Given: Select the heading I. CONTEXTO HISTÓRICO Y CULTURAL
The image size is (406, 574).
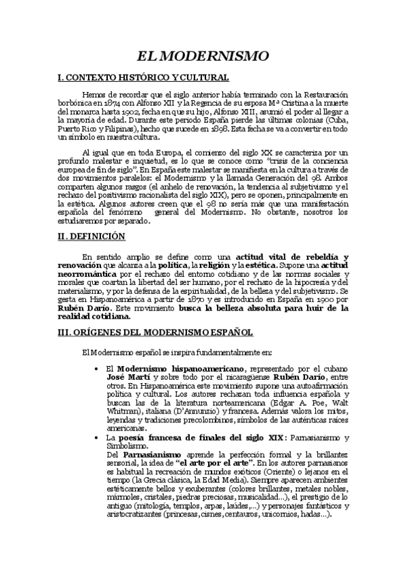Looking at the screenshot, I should click(x=144, y=79).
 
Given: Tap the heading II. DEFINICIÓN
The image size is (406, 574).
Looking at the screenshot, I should click(x=92, y=237).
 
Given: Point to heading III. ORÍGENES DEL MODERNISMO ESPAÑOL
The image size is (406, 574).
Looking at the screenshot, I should click(x=155, y=332).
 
